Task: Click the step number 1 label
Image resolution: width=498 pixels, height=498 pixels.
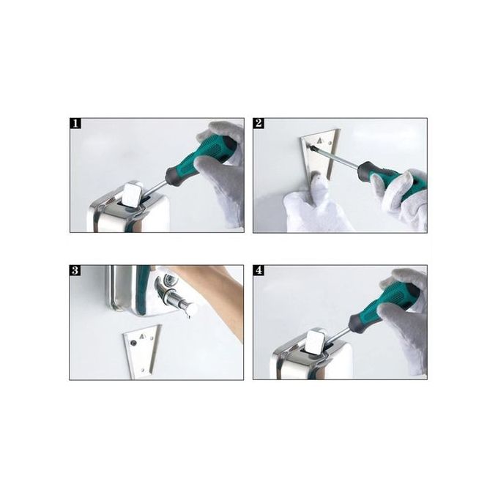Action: pos(75,124)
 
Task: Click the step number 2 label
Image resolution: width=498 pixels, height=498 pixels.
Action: pos(259,123)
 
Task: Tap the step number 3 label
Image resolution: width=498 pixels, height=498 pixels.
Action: pos(75,270)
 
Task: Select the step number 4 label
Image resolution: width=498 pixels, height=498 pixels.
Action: pos(259,270)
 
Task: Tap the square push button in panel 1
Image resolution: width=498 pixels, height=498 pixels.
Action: pos(133,196)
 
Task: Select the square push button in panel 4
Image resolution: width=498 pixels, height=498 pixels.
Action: pos(316,343)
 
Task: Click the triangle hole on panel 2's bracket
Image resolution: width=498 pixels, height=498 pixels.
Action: pos(319,139)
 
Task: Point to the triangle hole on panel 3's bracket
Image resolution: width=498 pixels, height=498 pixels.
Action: pos(142,335)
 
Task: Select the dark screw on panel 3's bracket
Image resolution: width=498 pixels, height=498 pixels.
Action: pos(133,343)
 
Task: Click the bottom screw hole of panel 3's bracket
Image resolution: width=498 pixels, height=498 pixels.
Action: pos(143,370)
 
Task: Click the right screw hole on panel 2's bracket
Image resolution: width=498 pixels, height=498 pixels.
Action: pos(332,143)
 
